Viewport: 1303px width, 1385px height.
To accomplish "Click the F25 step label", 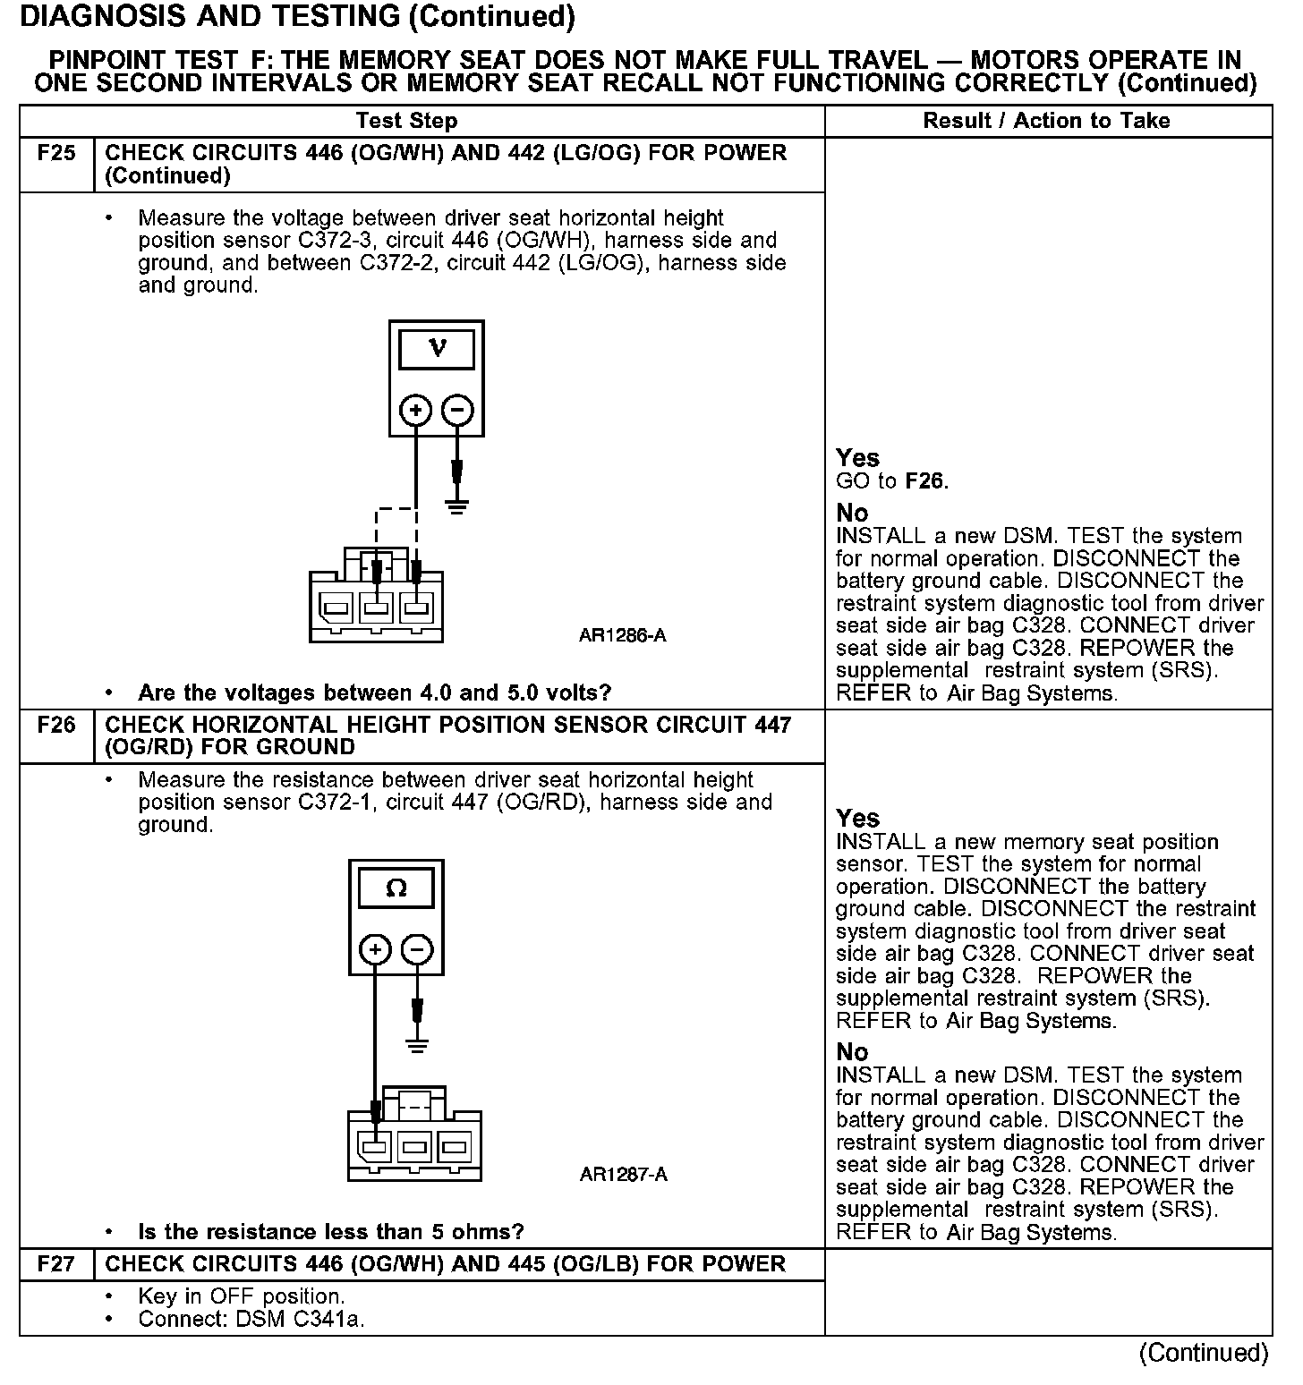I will [x=56, y=153].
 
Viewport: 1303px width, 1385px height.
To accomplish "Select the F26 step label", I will [x=56, y=725].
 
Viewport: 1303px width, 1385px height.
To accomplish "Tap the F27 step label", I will [x=56, y=1264].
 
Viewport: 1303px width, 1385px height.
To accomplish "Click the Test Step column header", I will [x=406, y=121].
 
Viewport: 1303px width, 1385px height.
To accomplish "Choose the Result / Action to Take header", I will [x=1046, y=121].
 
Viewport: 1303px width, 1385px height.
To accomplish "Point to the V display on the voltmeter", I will [x=437, y=348].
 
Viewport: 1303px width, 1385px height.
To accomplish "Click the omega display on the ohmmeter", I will [x=396, y=888].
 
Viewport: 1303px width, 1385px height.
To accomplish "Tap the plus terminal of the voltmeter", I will [x=415, y=411].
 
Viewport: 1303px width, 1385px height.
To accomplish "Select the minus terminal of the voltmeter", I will [x=457, y=411].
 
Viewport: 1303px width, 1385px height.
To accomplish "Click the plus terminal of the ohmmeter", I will [x=375, y=949].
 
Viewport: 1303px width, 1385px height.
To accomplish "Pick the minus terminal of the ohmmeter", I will [x=417, y=949].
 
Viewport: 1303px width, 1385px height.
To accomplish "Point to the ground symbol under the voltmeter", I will [x=457, y=507].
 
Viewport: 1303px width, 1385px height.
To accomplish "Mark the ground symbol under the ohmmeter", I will [x=417, y=1044].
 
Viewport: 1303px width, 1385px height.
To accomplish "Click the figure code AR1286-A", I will [x=622, y=636].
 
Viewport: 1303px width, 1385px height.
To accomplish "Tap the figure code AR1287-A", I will [x=623, y=1175].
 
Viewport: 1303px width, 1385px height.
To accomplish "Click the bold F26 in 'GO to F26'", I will [x=924, y=481].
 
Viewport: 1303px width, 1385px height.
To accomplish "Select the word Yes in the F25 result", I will [x=857, y=458].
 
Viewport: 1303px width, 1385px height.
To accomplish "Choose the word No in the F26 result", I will [x=852, y=1051].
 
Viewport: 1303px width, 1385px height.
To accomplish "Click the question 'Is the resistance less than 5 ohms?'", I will [x=330, y=1232].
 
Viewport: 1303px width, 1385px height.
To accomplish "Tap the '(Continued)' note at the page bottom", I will [x=1204, y=1353].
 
